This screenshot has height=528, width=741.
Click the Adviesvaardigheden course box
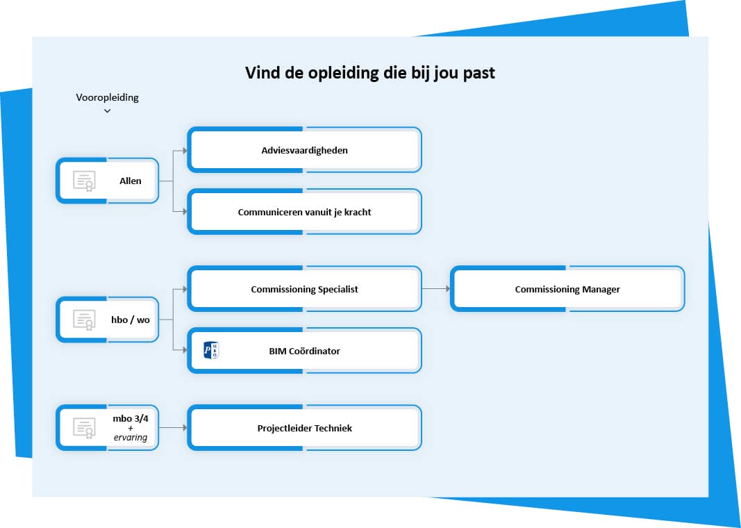(304, 150)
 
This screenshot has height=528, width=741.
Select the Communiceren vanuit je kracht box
(304, 212)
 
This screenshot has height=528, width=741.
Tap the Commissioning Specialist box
(304, 289)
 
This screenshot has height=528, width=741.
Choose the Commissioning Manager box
(567, 289)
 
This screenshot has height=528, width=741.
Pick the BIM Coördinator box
(304, 351)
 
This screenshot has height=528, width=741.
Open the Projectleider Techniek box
(304, 428)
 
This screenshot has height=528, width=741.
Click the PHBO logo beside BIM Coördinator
(210, 350)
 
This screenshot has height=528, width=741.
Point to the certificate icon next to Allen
(84, 181)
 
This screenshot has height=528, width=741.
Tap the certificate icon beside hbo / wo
(84, 320)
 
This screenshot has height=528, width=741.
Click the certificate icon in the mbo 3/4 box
(84, 428)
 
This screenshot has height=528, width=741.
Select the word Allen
(131, 181)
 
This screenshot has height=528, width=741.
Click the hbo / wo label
(131, 320)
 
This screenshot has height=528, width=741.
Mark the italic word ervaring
(131, 438)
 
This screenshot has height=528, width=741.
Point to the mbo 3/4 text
(131, 418)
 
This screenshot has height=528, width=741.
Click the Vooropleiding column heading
(107, 98)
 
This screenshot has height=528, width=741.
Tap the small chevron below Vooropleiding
(107, 111)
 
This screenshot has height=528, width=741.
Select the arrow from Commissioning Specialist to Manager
(435, 288)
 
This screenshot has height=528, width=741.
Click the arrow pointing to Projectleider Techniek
(173, 427)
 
